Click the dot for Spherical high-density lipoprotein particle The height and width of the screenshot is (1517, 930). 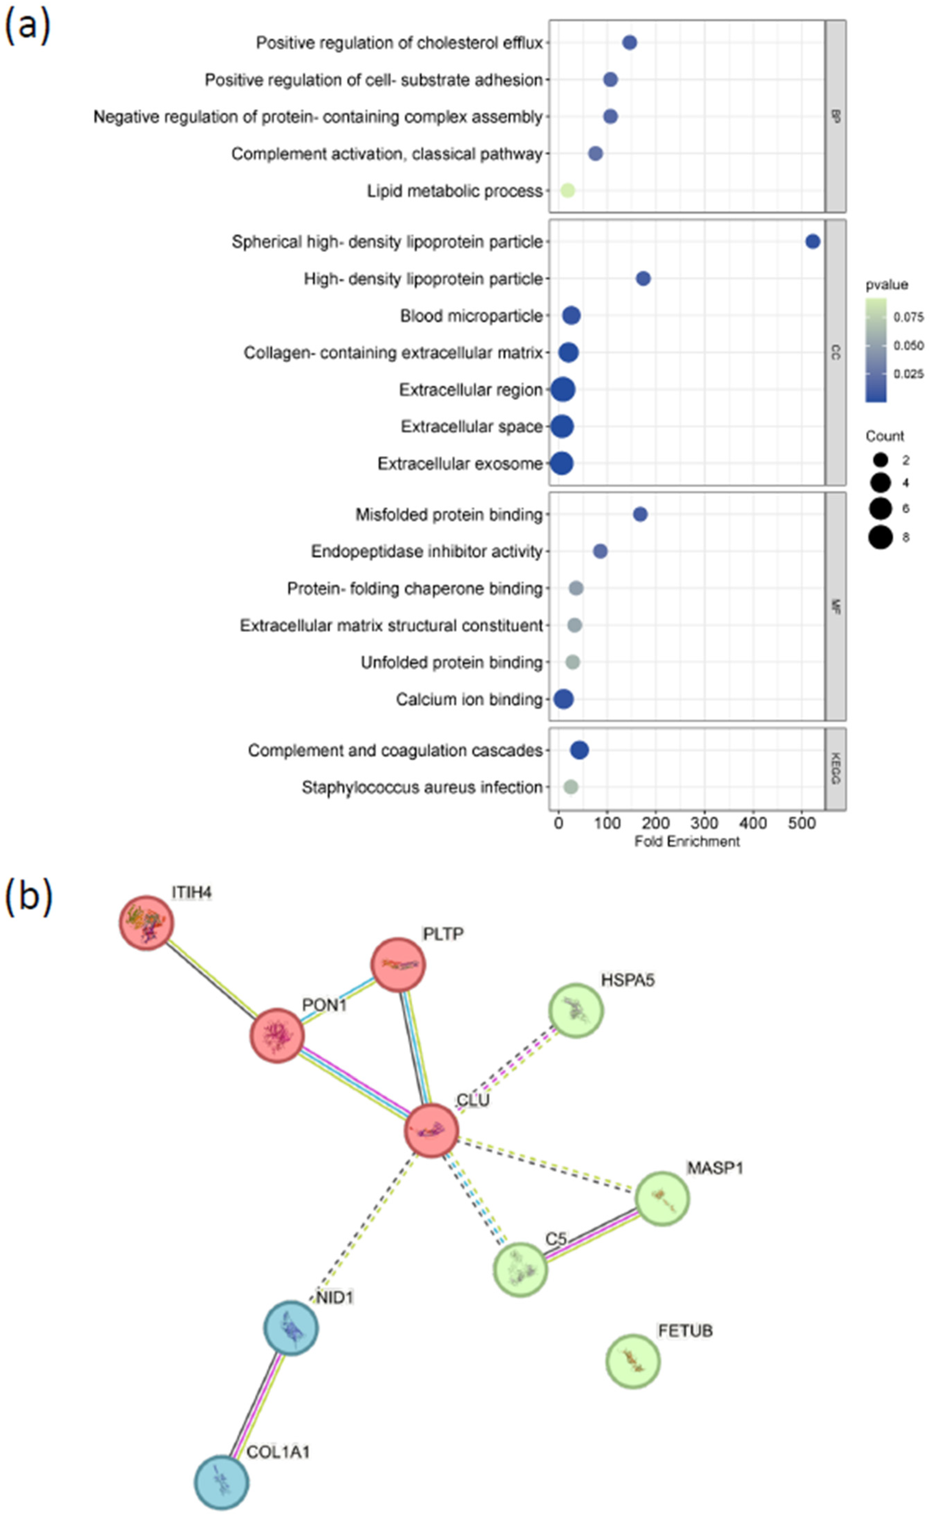[812, 242]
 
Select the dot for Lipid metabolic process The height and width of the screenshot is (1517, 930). [567, 191]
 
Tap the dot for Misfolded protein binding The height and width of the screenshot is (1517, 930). [640, 514]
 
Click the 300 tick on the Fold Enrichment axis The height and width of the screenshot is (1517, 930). [704, 823]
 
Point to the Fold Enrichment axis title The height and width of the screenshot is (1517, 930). [687, 841]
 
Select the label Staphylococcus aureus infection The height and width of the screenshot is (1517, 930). [422, 788]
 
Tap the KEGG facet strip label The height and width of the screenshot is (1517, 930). [835, 769]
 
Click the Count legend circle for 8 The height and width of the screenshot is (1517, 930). [881, 537]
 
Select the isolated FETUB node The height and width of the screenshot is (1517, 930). [632, 1361]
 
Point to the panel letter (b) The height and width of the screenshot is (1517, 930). [28, 896]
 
